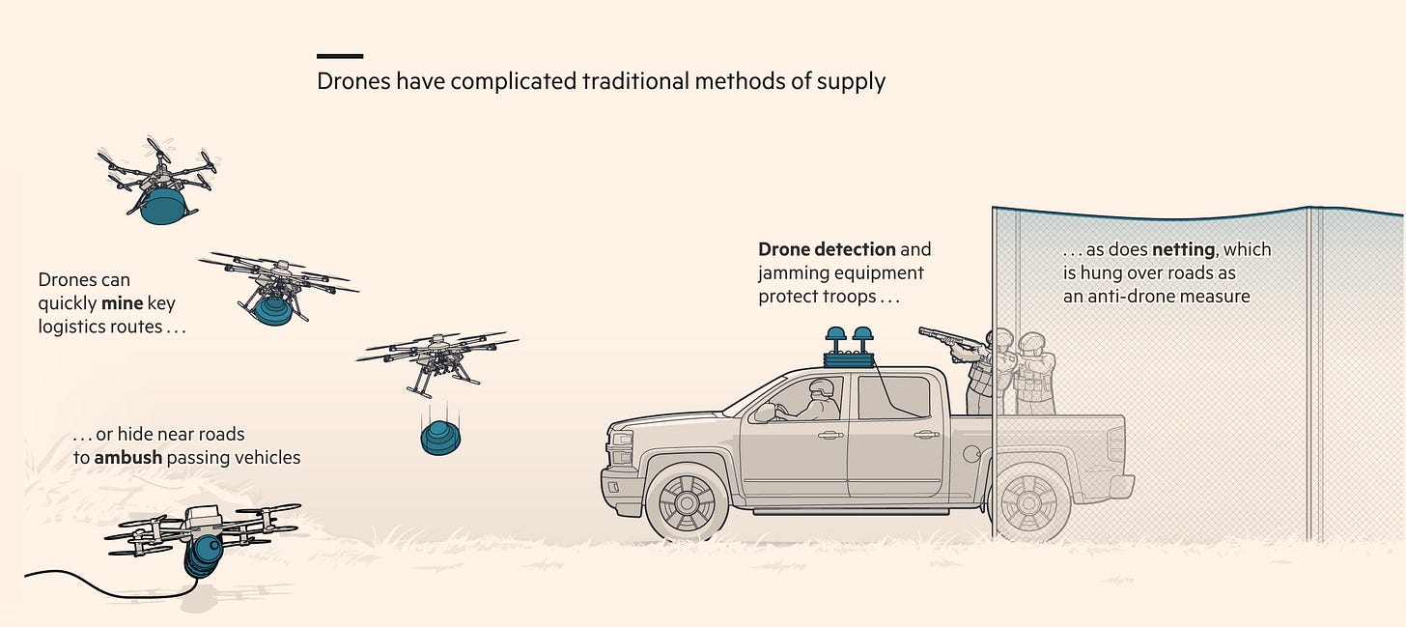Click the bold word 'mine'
click(122, 303)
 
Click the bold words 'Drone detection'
click(827, 249)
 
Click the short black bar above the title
click(340, 56)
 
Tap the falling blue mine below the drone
click(439, 438)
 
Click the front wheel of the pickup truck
click(687, 499)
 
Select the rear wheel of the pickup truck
click(1029, 499)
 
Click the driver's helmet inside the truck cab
click(822, 388)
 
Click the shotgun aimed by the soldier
click(951, 339)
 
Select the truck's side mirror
click(766, 412)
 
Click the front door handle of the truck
click(830, 435)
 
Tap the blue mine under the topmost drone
click(161, 207)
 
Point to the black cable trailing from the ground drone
click(77, 577)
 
